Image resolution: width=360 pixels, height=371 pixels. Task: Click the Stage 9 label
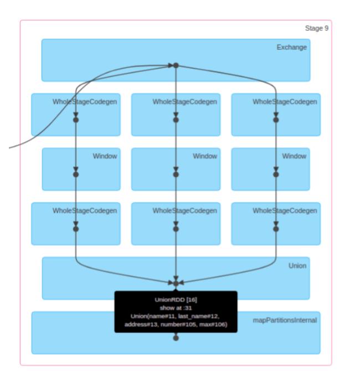[317, 28]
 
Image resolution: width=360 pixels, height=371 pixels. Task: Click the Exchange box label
[291, 48]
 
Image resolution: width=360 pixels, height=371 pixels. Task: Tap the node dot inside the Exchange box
[176, 65]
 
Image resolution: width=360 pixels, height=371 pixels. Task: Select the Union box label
[297, 266]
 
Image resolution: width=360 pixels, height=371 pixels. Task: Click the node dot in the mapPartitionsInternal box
[176, 338]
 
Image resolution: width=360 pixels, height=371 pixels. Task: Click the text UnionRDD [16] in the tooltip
[176, 300]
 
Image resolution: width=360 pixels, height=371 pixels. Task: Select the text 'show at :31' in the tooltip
[176, 308]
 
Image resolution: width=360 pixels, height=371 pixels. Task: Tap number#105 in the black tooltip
[178, 324]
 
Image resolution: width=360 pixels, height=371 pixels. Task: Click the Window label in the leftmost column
[105, 157]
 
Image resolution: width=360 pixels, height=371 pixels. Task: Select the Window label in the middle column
[205, 157]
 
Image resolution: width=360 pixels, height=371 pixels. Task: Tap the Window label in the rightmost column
[294, 157]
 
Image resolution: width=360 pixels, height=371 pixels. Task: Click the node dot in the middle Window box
[176, 174]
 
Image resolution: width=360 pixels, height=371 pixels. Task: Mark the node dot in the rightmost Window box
[276, 174]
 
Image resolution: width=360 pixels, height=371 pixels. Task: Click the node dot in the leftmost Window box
[76, 174]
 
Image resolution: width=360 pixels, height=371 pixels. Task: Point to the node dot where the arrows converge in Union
[176, 283]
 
